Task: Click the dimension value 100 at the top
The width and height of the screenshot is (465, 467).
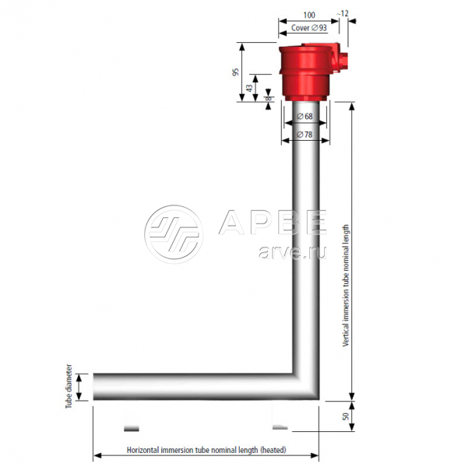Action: tap(308, 15)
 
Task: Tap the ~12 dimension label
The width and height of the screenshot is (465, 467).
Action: tap(343, 14)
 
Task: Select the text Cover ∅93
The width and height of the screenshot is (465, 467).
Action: tap(308, 28)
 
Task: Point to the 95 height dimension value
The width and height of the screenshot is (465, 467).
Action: tap(236, 72)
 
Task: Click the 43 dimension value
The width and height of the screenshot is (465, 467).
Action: tap(249, 88)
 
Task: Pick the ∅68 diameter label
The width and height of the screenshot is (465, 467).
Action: tap(305, 116)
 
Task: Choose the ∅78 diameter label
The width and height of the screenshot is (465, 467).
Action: tap(305, 135)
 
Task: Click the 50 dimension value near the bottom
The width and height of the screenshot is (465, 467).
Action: tap(346, 416)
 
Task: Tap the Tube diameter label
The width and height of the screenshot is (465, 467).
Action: tap(69, 386)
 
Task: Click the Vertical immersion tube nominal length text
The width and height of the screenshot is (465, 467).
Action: tap(346, 286)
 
